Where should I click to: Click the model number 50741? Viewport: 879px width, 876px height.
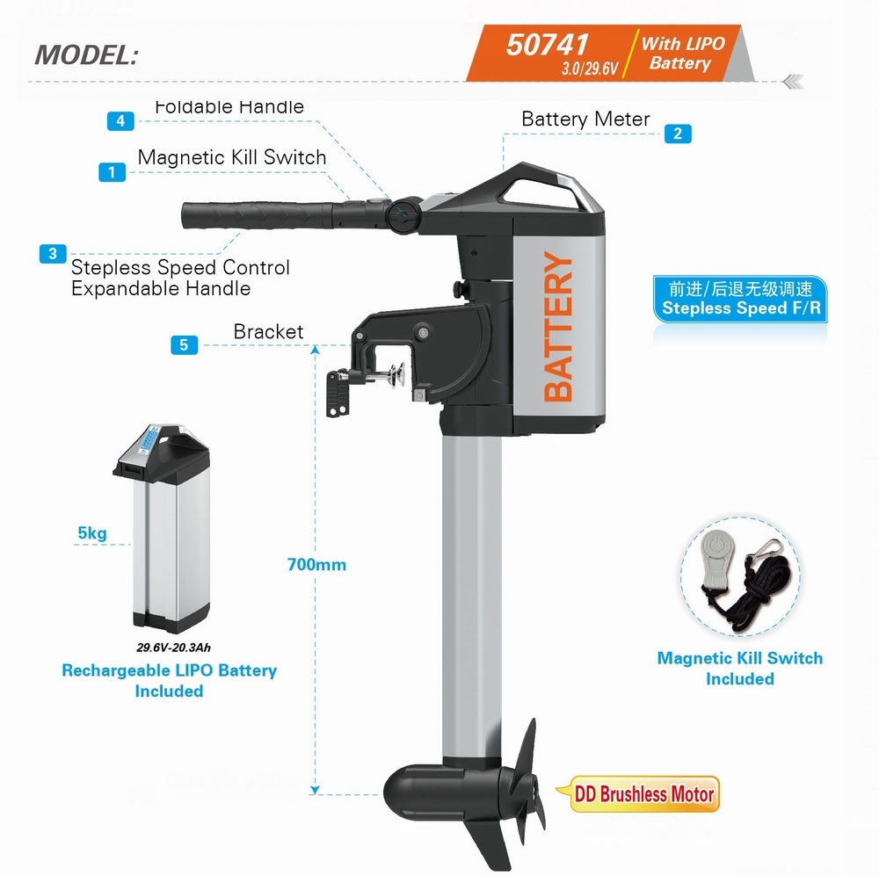(547, 44)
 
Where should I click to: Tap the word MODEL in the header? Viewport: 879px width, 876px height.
(86, 54)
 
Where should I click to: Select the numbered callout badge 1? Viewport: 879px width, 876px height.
(112, 171)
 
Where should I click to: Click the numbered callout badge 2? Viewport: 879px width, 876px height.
(678, 134)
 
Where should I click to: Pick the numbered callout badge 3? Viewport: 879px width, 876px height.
(53, 253)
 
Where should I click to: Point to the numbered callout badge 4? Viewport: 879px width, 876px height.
(120, 121)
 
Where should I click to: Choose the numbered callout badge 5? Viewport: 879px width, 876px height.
(184, 345)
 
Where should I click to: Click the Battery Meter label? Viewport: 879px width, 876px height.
(585, 119)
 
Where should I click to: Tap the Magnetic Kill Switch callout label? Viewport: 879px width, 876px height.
(232, 157)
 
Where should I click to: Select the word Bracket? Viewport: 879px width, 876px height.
(268, 332)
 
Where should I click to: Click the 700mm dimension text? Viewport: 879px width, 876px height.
(316, 564)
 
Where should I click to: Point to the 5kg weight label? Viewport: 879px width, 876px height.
(92, 532)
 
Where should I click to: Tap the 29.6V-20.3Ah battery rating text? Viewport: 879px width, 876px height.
(173, 648)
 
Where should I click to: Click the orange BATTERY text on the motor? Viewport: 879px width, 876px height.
(559, 327)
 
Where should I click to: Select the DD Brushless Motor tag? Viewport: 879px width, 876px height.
(643, 794)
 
